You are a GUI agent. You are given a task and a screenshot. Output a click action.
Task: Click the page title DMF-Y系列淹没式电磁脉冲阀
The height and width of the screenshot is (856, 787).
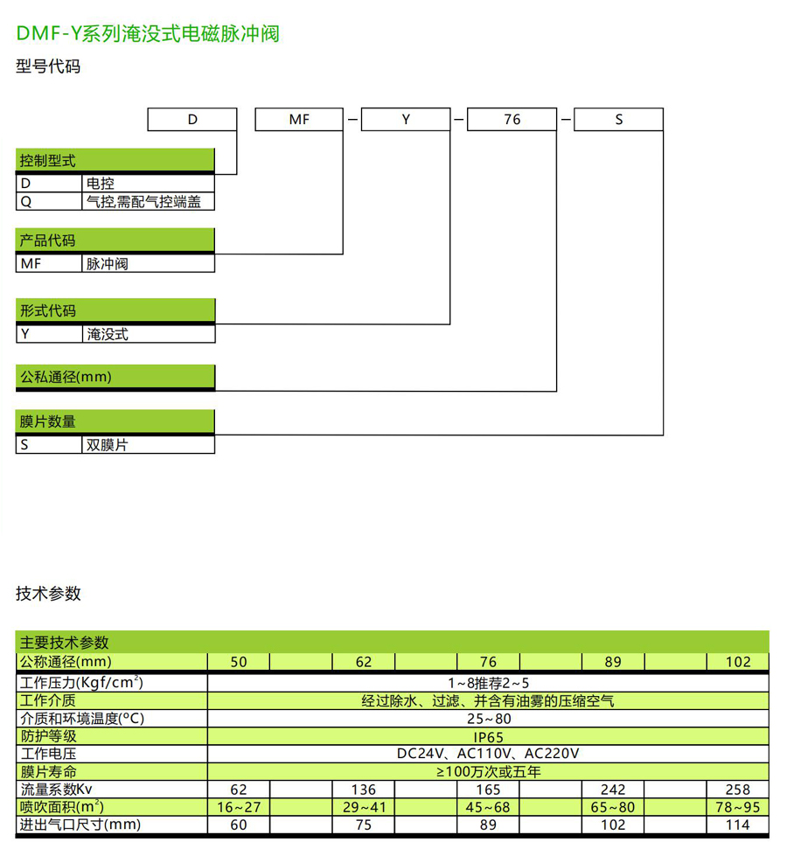pyautogui.click(x=148, y=34)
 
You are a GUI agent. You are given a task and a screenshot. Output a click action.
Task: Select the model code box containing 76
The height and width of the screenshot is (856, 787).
pyautogui.click(x=512, y=120)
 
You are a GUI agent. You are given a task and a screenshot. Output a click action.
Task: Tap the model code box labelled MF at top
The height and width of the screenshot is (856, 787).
pyautogui.click(x=299, y=120)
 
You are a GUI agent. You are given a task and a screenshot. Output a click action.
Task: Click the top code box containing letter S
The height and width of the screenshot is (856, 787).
pyautogui.click(x=618, y=120)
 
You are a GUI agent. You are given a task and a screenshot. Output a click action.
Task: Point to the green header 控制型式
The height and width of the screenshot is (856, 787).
pyautogui.click(x=48, y=161)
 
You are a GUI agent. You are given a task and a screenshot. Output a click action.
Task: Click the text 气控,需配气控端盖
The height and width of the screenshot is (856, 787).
pyautogui.click(x=143, y=201)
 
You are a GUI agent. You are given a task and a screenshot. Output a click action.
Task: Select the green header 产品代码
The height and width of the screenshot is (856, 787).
pyautogui.click(x=48, y=240)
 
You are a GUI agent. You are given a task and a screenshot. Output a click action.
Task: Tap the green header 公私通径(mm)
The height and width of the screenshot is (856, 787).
pyautogui.click(x=66, y=377)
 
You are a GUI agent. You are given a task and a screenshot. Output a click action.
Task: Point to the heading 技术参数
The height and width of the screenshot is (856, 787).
pyautogui.click(x=48, y=594)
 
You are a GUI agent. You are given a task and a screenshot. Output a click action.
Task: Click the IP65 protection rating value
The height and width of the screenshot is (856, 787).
pyautogui.click(x=488, y=737)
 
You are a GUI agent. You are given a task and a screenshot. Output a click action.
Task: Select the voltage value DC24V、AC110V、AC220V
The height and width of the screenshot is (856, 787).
pyautogui.click(x=488, y=754)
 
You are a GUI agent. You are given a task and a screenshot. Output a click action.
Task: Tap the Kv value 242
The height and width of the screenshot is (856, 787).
pyautogui.click(x=613, y=790)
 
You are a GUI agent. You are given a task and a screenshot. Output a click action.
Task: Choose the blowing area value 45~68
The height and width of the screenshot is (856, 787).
pyautogui.click(x=488, y=807)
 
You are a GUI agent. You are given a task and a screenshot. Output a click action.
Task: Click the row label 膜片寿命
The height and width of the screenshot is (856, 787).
pyautogui.click(x=48, y=772)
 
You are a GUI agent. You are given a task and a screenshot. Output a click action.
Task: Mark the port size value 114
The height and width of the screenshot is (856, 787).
pyautogui.click(x=737, y=825)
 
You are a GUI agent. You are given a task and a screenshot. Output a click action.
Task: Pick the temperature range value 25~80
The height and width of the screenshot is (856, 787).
pyautogui.click(x=488, y=719)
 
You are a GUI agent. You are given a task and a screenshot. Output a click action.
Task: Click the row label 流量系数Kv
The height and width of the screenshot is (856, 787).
pyautogui.click(x=62, y=790)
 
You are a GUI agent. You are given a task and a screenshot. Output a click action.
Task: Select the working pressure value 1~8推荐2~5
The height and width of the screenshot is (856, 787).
pyautogui.click(x=488, y=683)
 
